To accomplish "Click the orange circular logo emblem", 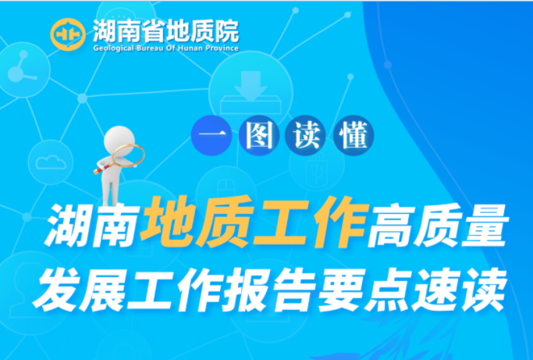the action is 68,34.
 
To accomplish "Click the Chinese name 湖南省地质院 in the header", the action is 166,31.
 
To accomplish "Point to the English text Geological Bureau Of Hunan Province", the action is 166,48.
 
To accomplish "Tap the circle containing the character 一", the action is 211,135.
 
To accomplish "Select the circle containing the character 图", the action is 259,135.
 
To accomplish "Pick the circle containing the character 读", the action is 306,135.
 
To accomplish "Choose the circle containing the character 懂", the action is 354,135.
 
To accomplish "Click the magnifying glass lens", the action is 128,155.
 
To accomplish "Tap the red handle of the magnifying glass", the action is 103,169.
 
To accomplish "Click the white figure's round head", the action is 119,140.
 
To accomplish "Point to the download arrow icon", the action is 251,86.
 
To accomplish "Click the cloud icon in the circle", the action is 51,162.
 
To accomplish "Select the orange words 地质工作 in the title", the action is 254,222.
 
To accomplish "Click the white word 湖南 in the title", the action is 94,225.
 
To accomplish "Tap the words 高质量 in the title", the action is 438,225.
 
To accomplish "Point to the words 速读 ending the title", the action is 458,289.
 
